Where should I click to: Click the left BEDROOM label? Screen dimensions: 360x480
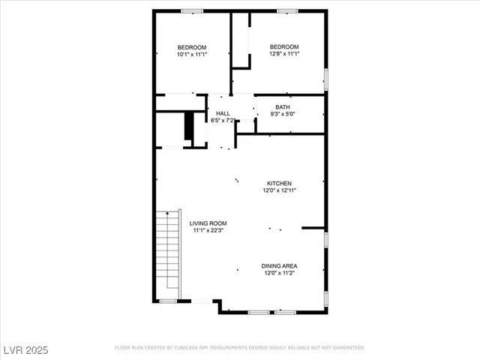192,47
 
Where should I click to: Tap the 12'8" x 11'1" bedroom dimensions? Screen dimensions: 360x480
284,54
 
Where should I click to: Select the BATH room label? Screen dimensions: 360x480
283,106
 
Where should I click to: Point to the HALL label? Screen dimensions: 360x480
223,113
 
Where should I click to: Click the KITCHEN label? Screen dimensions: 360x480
280,183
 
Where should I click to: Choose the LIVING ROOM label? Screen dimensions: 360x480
208,223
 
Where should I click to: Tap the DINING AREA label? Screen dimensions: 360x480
280,266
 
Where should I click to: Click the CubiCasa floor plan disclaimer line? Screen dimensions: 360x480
239,348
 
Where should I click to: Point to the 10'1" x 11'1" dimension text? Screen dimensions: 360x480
192,55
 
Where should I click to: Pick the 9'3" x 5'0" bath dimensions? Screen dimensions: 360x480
283,114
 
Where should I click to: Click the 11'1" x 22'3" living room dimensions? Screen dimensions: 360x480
208,231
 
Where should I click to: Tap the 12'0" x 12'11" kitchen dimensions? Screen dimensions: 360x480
280,190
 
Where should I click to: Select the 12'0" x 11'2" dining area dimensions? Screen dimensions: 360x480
280,274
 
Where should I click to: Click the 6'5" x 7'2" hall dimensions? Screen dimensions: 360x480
223,120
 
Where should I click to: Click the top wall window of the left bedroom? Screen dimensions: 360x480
193,11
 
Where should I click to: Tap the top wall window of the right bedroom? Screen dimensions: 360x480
286,11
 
